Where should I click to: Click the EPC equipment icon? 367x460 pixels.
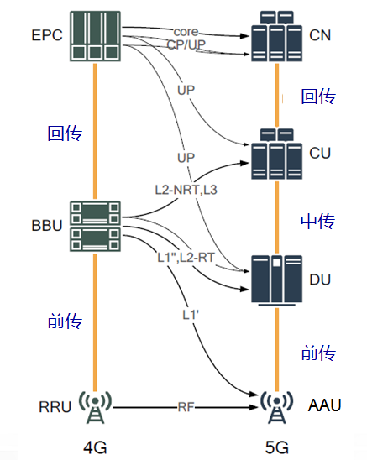pyautogui.click(x=97, y=36)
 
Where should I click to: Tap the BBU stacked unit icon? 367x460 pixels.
pyautogui.click(x=97, y=222)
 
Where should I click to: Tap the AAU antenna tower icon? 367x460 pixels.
pyautogui.click(x=277, y=409)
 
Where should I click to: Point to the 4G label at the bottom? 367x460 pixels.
pyautogui.click(x=95, y=447)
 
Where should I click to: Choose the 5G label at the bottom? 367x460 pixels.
pyautogui.click(x=277, y=447)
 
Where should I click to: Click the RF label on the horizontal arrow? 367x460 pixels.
pyautogui.click(x=186, y=409)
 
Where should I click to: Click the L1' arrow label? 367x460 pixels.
pyautogui.click(x=191, y=314)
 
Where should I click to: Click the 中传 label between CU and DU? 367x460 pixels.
pyautogui.click(x=318, y=221)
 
